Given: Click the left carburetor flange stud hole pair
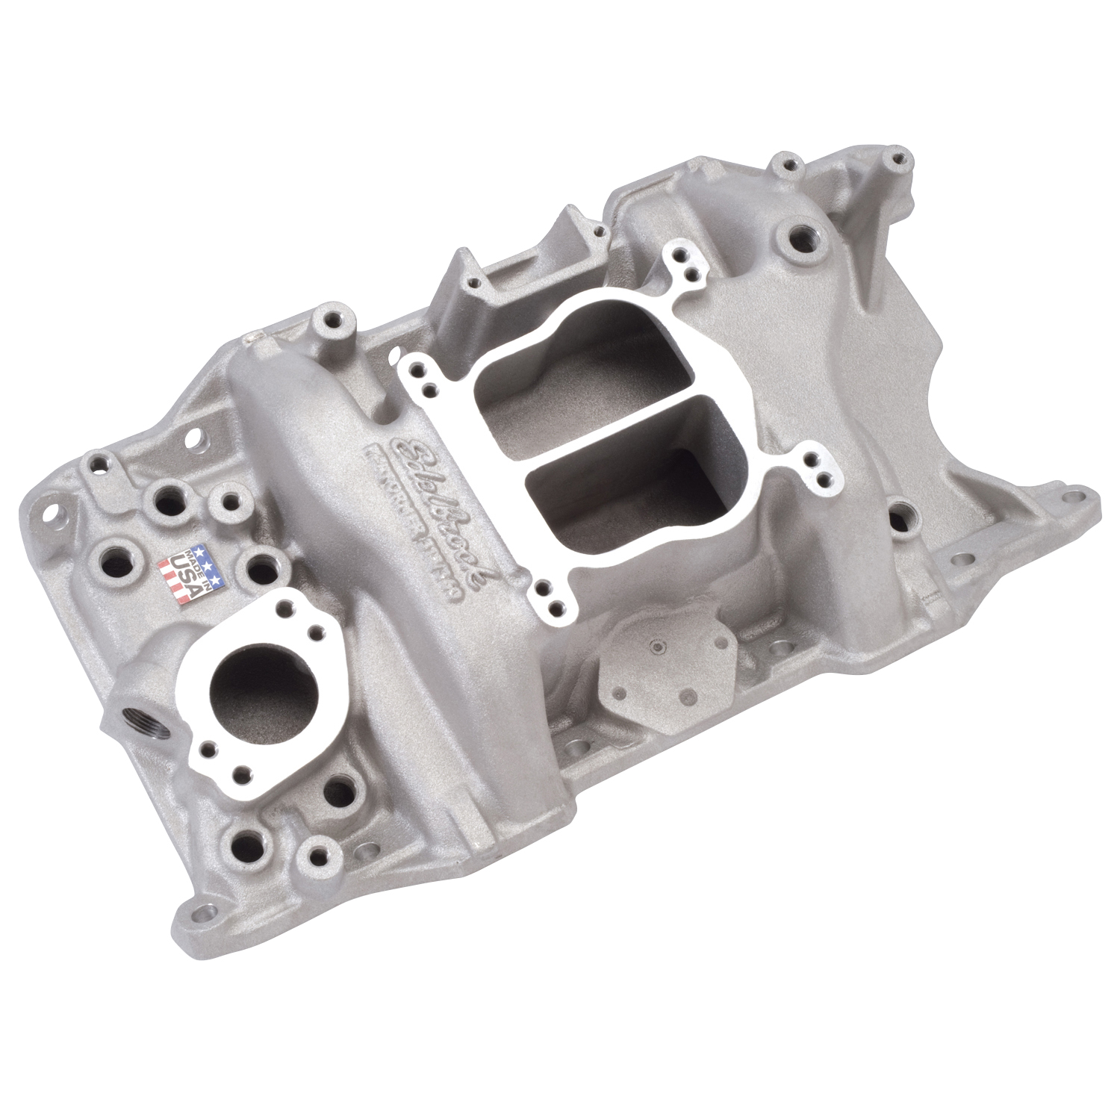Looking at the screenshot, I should [x=423, y=373].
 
